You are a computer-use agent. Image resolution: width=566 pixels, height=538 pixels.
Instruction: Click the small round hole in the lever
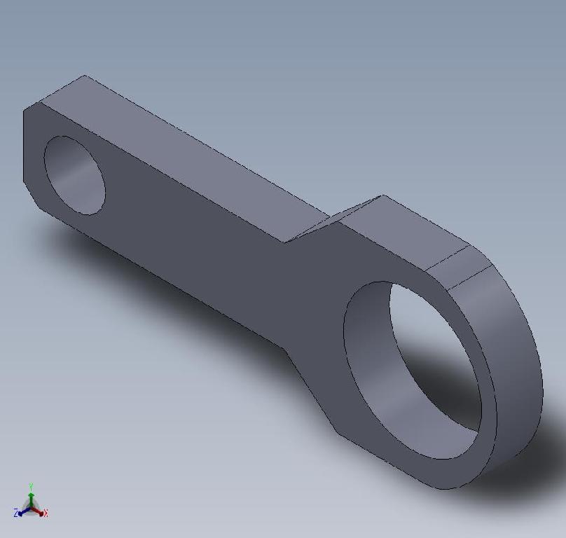[x=74, y=174]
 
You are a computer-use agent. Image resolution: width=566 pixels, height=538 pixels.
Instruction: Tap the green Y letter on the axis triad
[x=32, y=485]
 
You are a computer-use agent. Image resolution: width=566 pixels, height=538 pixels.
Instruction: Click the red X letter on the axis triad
[x=46, y=514]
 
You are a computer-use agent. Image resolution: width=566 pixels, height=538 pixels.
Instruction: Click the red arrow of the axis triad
[x=39, y=511]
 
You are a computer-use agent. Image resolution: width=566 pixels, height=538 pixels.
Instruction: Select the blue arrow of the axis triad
[x=23, y=512]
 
